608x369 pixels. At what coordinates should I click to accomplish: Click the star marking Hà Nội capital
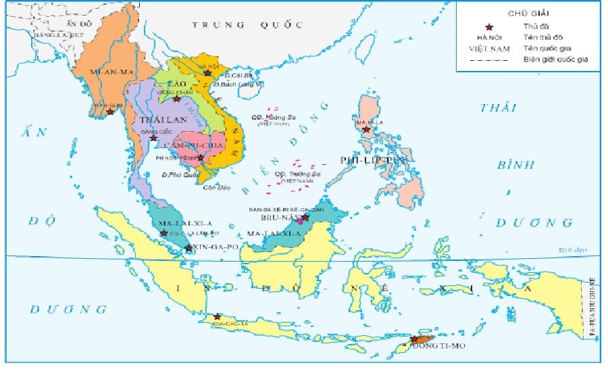point(208,72)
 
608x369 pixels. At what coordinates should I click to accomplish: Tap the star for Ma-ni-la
point(366,129)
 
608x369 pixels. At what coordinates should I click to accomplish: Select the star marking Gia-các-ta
point(217,316)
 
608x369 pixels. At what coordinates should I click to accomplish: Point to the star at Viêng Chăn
point(176,99)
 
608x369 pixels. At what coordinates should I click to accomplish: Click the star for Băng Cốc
point(154,138)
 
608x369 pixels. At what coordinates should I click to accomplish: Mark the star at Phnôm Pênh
point(200,157)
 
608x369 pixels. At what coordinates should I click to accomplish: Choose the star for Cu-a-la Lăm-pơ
point(163,233)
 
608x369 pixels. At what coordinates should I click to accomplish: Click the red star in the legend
point(490,26)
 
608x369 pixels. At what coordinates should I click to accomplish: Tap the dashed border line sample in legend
point(489,59)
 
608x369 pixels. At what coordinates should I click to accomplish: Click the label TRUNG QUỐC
point(246,25)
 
